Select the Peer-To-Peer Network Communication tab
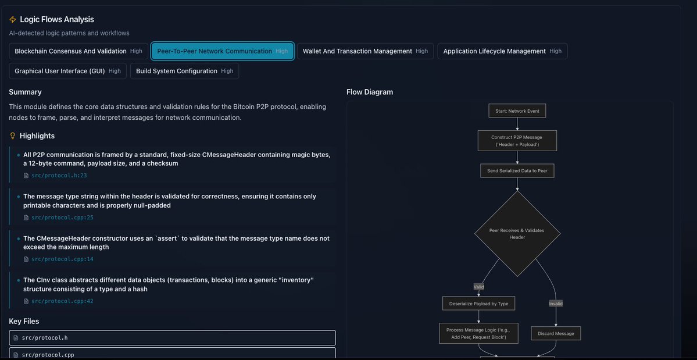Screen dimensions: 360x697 (x=222, y=51)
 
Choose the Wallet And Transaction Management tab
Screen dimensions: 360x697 (x=365, y=51)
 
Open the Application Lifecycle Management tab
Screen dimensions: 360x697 (x=502, y=51)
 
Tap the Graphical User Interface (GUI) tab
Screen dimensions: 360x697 (x=67, y=71)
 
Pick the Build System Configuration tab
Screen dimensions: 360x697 (x=184, y=71)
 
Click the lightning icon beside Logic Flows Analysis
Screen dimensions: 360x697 (x=13, y=20)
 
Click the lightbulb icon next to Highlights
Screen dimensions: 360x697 (x=13, y=136)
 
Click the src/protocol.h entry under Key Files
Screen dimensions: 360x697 (x=172, y=337)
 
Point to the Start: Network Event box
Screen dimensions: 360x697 (x=517, y=111)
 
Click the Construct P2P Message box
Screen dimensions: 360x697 (x=517, y=141)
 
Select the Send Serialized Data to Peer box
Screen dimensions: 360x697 (x=517, y=170)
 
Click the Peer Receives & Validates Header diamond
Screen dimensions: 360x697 (x=517, y=234)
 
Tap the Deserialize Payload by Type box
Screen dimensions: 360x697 (x=479, y=304)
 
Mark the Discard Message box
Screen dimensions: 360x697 (x=556, y=333)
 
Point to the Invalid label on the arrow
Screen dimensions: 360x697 (x=556, y=304)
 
